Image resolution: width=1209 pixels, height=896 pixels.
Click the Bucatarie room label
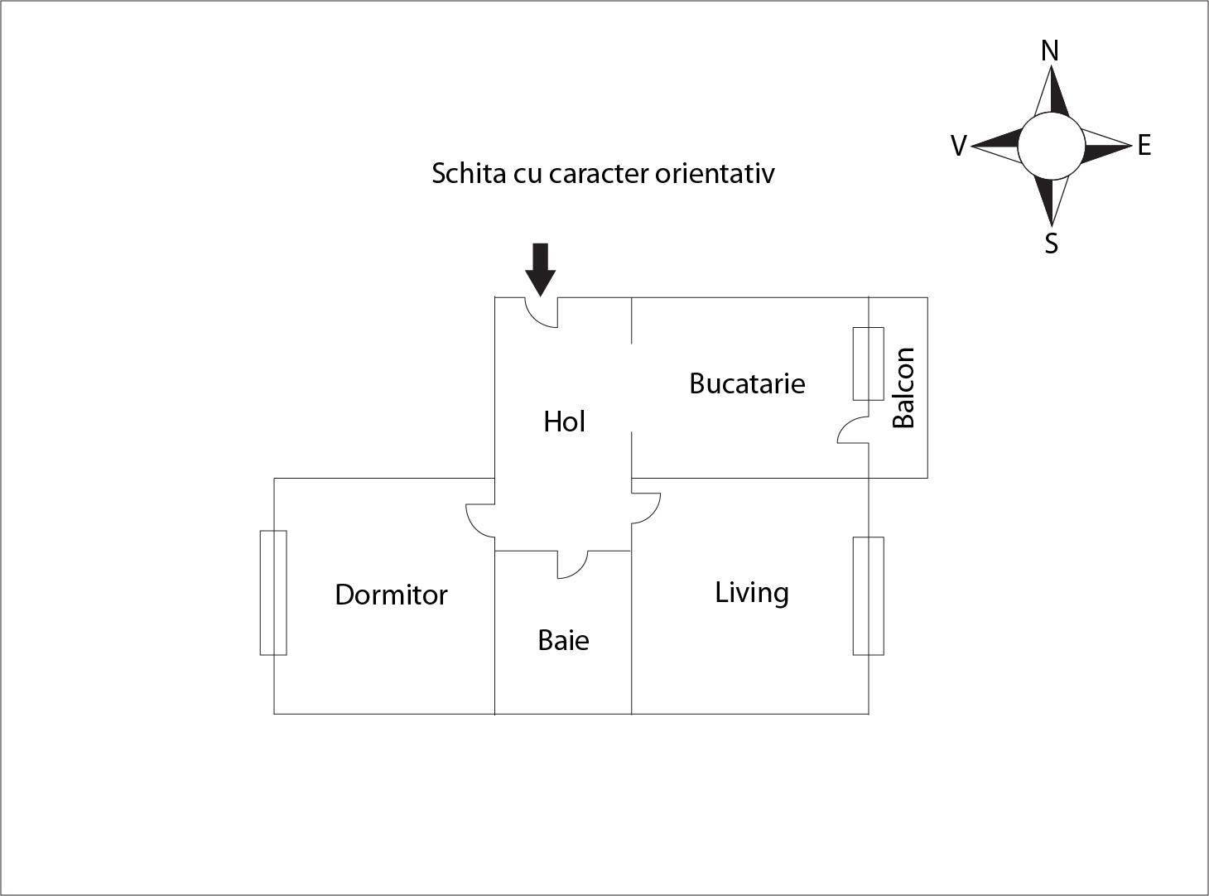pos(747,383)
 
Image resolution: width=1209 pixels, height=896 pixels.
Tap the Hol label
pos(564,422)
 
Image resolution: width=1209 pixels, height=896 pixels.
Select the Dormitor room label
pos(391,595)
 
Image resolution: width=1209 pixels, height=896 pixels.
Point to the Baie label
pos(563,640)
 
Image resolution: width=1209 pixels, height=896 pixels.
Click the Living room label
pos(751,593)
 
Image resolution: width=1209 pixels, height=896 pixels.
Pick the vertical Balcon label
pos(903,388)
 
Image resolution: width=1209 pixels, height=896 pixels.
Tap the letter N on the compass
pos(1050,51)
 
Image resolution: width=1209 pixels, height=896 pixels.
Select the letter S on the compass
pos(1051,243)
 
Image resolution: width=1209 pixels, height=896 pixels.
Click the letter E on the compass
pos(1144,146)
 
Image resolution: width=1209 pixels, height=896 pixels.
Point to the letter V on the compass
pos(958,147)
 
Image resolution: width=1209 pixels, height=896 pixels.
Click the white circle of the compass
pos(1050,147)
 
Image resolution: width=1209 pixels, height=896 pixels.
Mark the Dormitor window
pos(273,593)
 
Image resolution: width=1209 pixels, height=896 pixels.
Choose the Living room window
pos(868,595)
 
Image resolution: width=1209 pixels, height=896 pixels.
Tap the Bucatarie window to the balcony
pos(868,364)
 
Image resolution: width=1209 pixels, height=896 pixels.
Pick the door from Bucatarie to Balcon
pos(853,431)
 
